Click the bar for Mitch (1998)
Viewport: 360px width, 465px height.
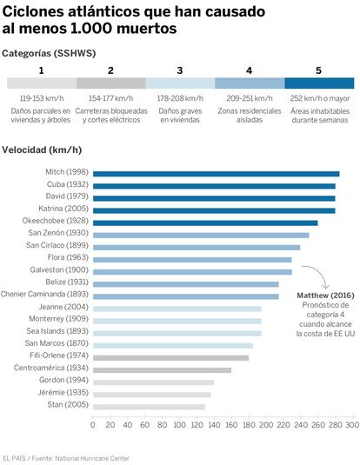216,174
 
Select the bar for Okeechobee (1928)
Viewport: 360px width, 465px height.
205,223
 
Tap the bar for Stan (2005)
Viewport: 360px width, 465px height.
149,407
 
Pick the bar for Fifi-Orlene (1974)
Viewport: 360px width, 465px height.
171,358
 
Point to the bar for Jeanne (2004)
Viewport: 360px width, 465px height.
177,309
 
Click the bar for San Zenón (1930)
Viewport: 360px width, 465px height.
201,236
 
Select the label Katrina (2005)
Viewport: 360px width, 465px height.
63,209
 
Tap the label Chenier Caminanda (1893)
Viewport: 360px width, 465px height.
44,294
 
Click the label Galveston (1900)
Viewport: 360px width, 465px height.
59,269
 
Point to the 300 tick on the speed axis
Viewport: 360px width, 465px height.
352,425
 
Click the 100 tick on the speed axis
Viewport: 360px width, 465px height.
179,425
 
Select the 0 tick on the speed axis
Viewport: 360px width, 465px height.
93,425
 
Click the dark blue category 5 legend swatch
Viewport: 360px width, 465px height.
319,83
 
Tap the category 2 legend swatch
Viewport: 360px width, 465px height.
111,83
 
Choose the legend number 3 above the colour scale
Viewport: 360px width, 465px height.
180,70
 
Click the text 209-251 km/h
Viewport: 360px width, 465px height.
250,98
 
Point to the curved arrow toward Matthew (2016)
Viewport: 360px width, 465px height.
321,272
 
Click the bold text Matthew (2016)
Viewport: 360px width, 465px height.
325,296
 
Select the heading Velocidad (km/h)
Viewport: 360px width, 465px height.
42,149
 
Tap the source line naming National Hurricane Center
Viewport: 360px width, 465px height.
66,458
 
